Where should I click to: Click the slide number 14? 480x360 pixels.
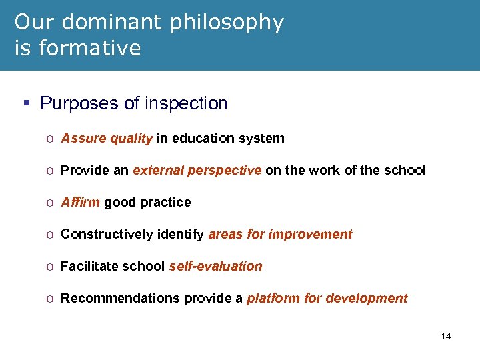point(446,336)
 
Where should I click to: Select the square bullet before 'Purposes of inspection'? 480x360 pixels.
point(26,104)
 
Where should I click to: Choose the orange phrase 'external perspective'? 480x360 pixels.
point(197,170)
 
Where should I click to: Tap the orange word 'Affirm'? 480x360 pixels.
point(81,202)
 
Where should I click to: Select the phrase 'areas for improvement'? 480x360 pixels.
point(280,234)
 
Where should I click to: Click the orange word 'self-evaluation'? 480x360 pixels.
point(215,266)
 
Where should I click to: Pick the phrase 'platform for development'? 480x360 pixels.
point(327,298)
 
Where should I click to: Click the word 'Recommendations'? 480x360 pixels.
point(113,298)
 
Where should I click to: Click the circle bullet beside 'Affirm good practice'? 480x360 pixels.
point(51,203)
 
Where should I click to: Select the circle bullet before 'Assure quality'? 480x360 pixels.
point(51,139)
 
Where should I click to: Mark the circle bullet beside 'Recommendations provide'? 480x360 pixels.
point(51,299)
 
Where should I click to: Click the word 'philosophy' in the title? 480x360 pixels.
point(227,23)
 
